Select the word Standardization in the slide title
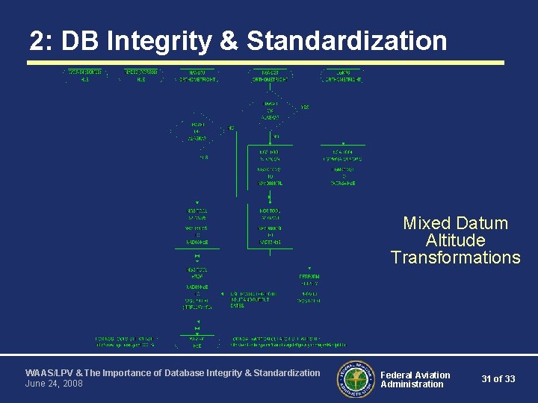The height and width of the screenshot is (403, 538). click(347, 42)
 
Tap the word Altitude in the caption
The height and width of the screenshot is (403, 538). click(455, 240)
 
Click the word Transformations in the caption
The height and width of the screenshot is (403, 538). click(455, 258)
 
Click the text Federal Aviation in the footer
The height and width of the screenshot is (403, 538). click(415, 375)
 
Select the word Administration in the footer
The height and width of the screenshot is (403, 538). click(412, 384)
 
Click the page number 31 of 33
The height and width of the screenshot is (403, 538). click(498, 379)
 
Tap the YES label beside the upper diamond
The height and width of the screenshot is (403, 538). click(305, 107)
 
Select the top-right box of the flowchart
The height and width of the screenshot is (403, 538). click(342, 75)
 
